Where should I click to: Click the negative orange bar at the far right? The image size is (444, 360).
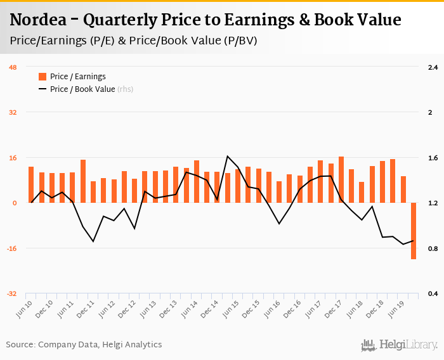point(413,231)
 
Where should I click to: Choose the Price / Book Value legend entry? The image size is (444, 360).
point(82,89)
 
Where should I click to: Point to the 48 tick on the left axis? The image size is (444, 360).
point(13,67)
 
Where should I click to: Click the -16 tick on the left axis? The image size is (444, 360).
point(11,248)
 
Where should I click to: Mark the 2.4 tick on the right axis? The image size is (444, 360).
point(433,67)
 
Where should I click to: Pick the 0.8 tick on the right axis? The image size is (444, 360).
point(433,248)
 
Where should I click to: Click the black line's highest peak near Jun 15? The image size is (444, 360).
point(227,156)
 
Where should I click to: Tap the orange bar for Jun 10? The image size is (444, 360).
point(31,184)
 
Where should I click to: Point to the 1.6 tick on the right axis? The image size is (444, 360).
point(433,158)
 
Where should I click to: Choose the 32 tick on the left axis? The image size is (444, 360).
point(12,112)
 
